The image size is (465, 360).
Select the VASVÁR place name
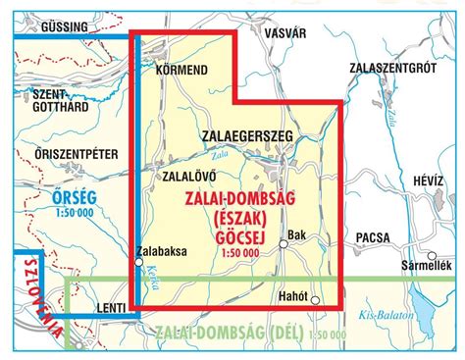coord(285,30)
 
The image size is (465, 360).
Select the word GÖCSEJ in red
coord(240,235)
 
